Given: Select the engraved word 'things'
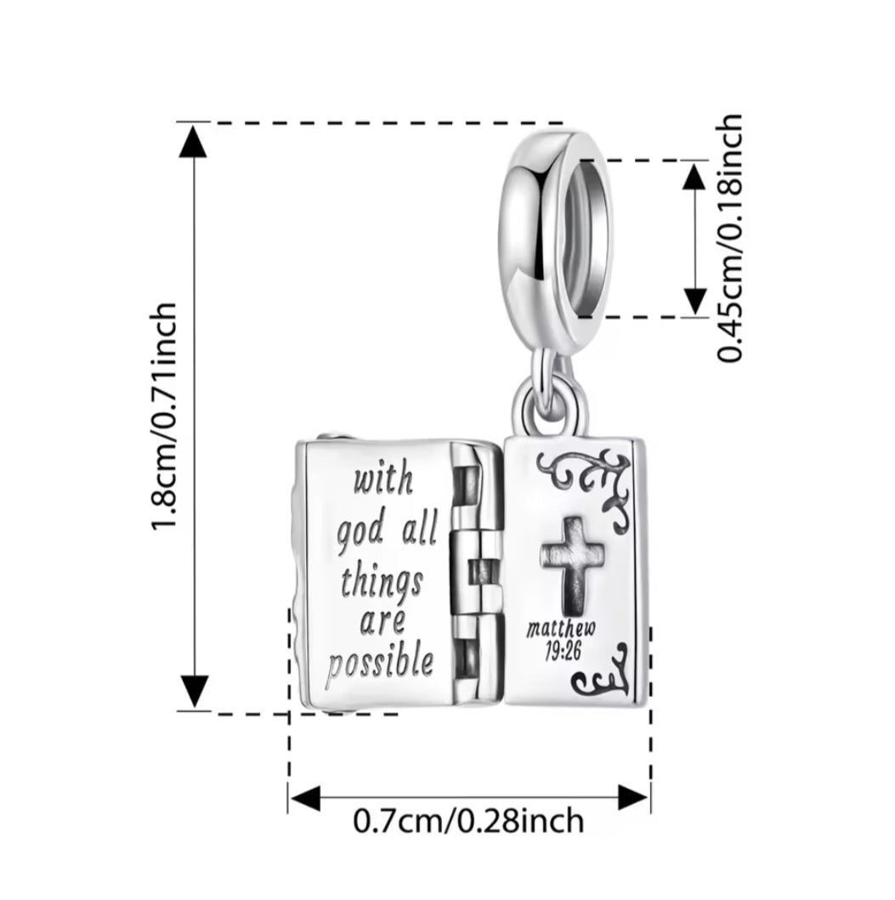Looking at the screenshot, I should [x=382, y=583].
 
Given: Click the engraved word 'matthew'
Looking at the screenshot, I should [x=561, y=630].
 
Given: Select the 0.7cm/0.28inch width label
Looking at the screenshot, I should [x=468, y=821].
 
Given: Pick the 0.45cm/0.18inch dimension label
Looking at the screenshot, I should [x=730, y=239].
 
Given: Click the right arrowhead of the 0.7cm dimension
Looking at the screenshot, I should [x=633, y=798].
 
